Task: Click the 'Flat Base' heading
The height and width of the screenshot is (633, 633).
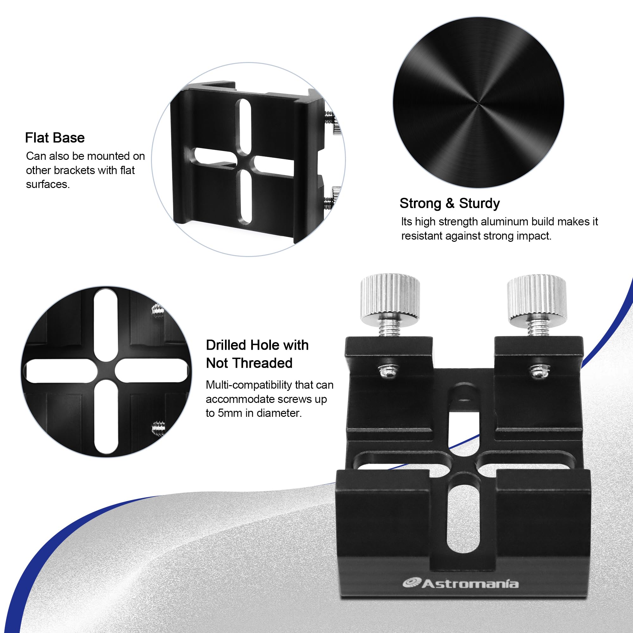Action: (x=55, y=138)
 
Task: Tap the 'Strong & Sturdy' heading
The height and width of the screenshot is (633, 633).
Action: (x=449, y=204)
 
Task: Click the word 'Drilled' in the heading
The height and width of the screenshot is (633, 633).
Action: (x=226, y=345)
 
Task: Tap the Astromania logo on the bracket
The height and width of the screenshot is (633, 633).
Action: (x=461, y=584)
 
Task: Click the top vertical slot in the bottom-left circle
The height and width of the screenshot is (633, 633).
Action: (x=105, y=324)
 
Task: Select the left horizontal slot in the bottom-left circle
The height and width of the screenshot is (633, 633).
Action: (x=59, y=371)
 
